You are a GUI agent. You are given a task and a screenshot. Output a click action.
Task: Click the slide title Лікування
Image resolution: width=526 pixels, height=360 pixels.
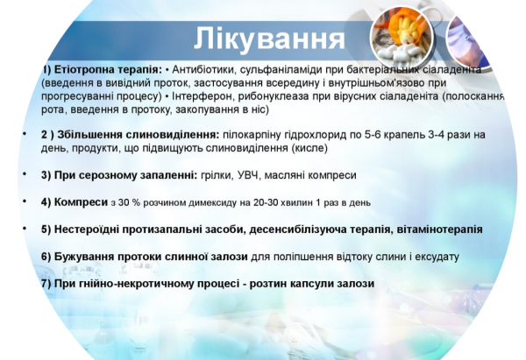(267, 39)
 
